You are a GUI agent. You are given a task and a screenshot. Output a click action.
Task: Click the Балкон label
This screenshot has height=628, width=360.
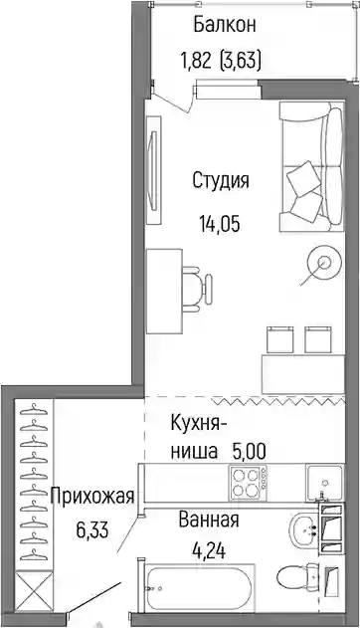tap(225, 25)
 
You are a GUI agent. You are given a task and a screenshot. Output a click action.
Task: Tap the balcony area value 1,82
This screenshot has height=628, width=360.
tap(196, 62)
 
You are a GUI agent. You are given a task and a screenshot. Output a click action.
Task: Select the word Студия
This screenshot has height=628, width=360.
tap(221, 180)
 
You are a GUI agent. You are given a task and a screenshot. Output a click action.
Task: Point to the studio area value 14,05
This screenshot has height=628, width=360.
tap(220, 224)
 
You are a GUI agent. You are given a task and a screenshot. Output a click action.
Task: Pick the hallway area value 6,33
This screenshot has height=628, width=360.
tap(92, 530)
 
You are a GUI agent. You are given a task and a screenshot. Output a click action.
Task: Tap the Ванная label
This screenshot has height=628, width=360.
tap(209, 520)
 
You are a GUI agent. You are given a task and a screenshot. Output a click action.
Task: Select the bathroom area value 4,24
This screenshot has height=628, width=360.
tap(209, 550)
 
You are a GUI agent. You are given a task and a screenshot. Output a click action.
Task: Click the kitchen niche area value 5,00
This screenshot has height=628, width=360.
tap(248, 452)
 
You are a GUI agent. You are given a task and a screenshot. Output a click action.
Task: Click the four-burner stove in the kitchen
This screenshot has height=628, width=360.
tap(248, 483)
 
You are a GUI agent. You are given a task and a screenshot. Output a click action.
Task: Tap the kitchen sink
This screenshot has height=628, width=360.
tap(324, 483)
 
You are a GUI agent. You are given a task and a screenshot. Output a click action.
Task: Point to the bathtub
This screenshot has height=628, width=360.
tap(200, 587)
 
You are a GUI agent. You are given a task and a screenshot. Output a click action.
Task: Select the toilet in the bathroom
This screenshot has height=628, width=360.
tap(298, 577)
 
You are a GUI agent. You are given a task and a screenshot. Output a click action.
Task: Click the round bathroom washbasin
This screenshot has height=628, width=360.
tap(304, 529)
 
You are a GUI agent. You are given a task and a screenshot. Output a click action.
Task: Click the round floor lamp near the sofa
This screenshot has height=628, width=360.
tap(324, 263)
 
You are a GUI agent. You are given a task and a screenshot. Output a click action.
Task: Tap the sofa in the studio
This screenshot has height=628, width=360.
tap(311, 166)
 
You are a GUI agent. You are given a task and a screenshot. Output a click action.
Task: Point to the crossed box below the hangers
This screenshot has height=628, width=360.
tap(34, 591)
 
